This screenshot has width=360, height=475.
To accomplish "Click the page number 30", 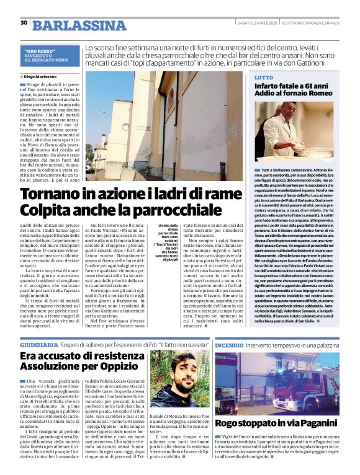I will coord(24,23).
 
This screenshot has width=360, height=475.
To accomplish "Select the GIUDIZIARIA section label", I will coord(40,343).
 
